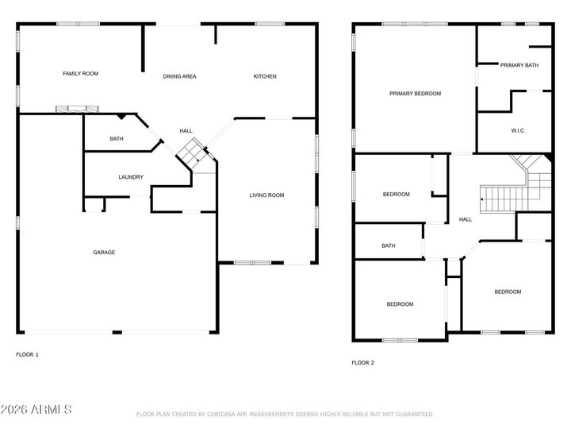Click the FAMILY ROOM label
click(80, 74)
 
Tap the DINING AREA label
click(179, 76)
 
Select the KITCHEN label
click(265, 76)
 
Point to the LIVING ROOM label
click(266, 195)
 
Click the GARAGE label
click(104, 253)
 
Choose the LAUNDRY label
click(131, 177)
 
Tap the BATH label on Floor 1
click(117, 140)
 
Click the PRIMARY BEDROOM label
click(415, 94)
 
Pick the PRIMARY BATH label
click(519, 65)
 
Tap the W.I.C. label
click(519, 130)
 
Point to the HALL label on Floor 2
click(466, 220)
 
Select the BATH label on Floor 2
click(389, 245)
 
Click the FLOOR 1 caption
click(28, 354)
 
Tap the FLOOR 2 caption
click(362, 362)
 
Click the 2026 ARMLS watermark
click(36, 410)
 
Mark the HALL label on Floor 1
click(186, 131)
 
